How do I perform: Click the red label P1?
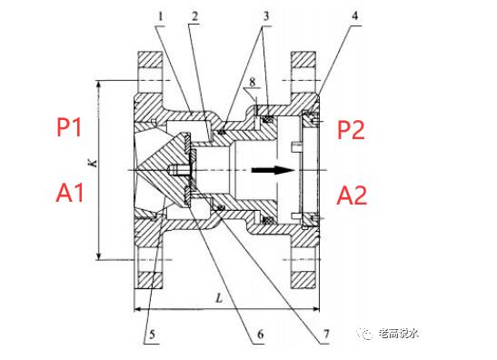tap(69, 126)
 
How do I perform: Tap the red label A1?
tap(70, 193)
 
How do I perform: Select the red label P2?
tap(351, 129)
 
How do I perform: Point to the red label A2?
tap(352, 195)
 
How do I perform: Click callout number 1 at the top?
tap(161, 15)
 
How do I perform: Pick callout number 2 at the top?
tap(194, 15)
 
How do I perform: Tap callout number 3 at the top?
tap(265, 15)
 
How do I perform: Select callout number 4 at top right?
tap(354, 15)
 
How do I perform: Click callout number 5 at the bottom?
tap(152, 335)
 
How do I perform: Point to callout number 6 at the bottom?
tap(260, 334)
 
